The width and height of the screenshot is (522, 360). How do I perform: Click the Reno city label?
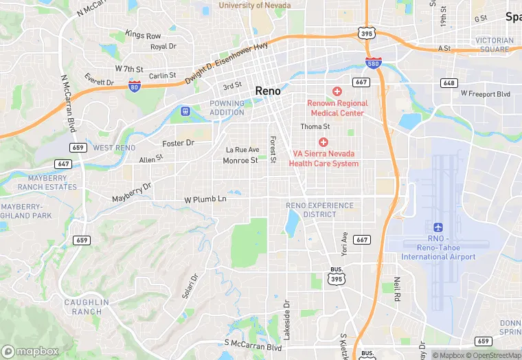coord(267,91)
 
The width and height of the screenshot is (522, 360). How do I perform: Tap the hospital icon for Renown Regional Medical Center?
coord(337,91)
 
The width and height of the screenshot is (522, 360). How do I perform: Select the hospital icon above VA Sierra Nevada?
coord(323,142)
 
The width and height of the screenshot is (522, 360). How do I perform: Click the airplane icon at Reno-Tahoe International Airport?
coord(438,227)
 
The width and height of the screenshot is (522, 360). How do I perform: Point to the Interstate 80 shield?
coord(135,85)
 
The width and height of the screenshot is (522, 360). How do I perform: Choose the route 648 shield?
coord(449,82)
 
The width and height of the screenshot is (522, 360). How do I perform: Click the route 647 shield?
coord(64,164)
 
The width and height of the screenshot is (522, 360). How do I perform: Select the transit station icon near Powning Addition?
coord(185,111)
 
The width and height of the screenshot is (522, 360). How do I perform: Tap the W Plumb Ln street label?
coord(205,199)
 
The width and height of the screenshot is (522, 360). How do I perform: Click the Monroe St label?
coord(240,160)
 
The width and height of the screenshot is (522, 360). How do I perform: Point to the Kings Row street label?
coord(143,34)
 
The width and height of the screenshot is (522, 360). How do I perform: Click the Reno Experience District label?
coord(320,210)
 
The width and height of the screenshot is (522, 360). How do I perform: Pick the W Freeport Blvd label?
coord(486,93)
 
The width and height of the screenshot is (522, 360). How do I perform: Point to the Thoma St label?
coord(315,126)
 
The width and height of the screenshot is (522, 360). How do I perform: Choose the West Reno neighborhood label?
coord(114,148)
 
